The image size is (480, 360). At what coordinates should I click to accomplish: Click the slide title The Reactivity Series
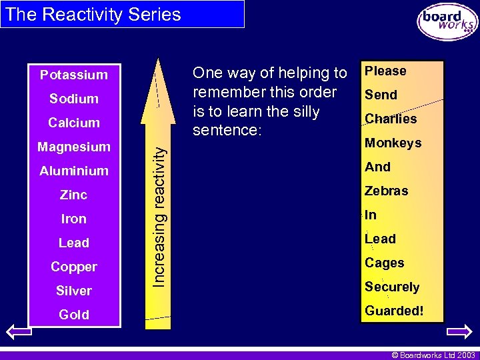[93, 15]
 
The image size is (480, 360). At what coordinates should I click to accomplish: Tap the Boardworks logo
[447, 22]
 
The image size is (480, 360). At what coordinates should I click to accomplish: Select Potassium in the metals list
[73, 75]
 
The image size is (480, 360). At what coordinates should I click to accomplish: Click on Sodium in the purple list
[73, 99]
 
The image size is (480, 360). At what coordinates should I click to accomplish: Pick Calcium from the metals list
[73, 123]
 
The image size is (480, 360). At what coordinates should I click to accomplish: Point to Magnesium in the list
[73, 147]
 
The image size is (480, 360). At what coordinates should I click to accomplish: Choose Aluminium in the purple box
[73, 171]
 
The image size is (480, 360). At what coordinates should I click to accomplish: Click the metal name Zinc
[73, 195]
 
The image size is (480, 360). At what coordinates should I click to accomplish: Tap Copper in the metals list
[73, 267]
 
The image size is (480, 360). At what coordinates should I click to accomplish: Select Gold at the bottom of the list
[73, 315]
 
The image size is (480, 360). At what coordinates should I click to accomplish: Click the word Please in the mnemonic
[385, 71]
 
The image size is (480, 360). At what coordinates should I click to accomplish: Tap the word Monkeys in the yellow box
[393, 143]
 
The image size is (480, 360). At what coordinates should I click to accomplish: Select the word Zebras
[386, 191]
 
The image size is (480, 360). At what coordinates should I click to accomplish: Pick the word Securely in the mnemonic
[392, 287]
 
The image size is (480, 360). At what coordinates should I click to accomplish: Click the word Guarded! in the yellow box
[394, 311]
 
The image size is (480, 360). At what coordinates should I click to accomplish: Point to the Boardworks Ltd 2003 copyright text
[433, 355]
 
